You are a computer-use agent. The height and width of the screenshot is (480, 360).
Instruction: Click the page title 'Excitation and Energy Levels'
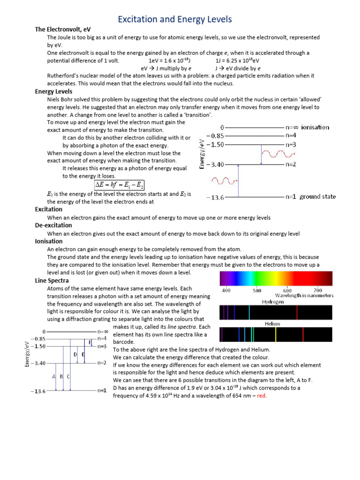[174, 19]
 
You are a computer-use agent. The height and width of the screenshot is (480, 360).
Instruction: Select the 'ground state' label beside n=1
[318, 197]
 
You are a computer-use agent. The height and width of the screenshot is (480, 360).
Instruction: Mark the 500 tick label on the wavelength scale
[257, 290]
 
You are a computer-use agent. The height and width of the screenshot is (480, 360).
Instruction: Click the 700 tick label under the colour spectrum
[317, 290]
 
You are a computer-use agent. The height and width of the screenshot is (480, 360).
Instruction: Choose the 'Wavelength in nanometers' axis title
[304, 296]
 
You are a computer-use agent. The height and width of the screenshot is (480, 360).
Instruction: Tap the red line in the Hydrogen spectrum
[297, 312]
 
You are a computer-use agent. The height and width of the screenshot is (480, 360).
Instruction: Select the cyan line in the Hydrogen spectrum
[249, 312]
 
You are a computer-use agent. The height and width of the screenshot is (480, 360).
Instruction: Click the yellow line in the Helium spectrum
[276, 334]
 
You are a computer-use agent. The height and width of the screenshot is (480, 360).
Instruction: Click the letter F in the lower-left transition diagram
[90, 342]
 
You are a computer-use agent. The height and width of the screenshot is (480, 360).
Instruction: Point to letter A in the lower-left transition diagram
[54, 376]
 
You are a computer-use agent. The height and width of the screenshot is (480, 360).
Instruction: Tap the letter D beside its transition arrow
[75, 355]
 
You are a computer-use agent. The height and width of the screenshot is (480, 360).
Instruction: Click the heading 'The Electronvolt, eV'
[63, 30]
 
